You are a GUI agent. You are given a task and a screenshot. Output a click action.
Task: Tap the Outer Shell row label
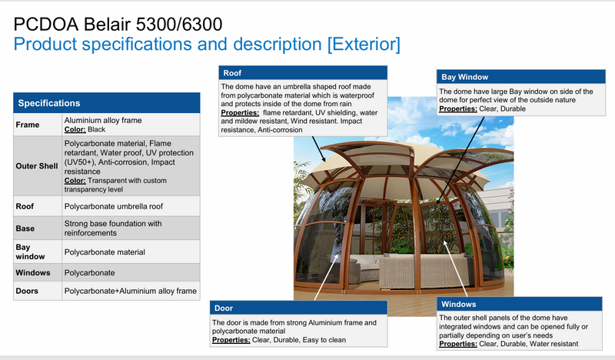click(36, 166)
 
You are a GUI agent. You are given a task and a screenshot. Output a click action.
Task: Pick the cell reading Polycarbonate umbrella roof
click(114, 206)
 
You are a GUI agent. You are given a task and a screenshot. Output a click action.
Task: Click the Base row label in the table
click(25, 228)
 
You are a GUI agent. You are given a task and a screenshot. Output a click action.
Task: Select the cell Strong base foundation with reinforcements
click(112, 228)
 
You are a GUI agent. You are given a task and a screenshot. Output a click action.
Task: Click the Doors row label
click(28, 291)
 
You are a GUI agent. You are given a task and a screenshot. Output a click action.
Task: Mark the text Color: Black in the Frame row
click(90, 129)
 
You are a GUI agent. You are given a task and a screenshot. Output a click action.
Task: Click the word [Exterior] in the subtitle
click(364, 43)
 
